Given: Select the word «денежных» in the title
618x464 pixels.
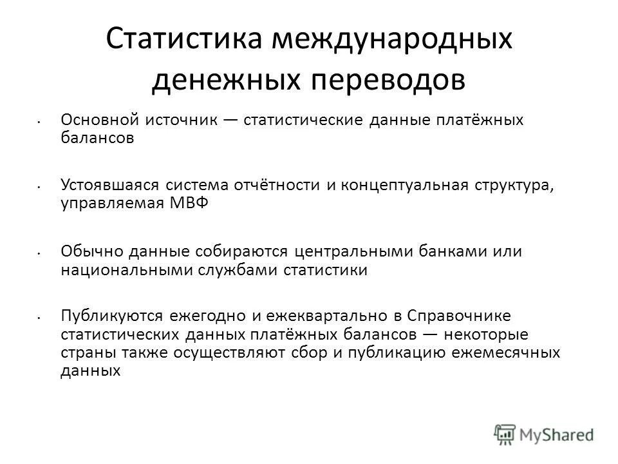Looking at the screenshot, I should pos(217,81).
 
